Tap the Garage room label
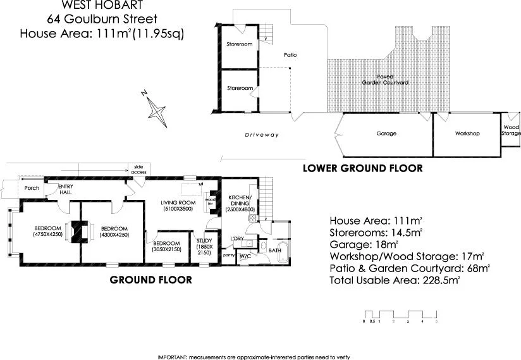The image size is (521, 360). (x=386, y=133)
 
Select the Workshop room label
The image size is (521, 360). (x=467, y=133)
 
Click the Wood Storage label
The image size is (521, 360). (x=511, y=130)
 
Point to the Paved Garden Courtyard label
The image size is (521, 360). (x=384, y=79)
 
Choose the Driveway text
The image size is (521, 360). (x=262, y=135)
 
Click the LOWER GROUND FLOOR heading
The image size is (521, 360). (x=362, y=168)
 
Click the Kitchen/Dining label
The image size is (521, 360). (x=240, y=204)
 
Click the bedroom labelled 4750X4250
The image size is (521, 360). (x=47, y=232)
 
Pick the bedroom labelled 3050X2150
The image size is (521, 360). (x=167, y=247)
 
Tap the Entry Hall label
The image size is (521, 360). (x=66, y=190)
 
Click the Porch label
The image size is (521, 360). (x=31, y=189)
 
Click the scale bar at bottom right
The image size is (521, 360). (x=401, y=316)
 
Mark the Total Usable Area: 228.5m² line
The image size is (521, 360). (x=395, y=279)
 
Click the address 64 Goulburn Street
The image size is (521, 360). (x=97, y=19)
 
